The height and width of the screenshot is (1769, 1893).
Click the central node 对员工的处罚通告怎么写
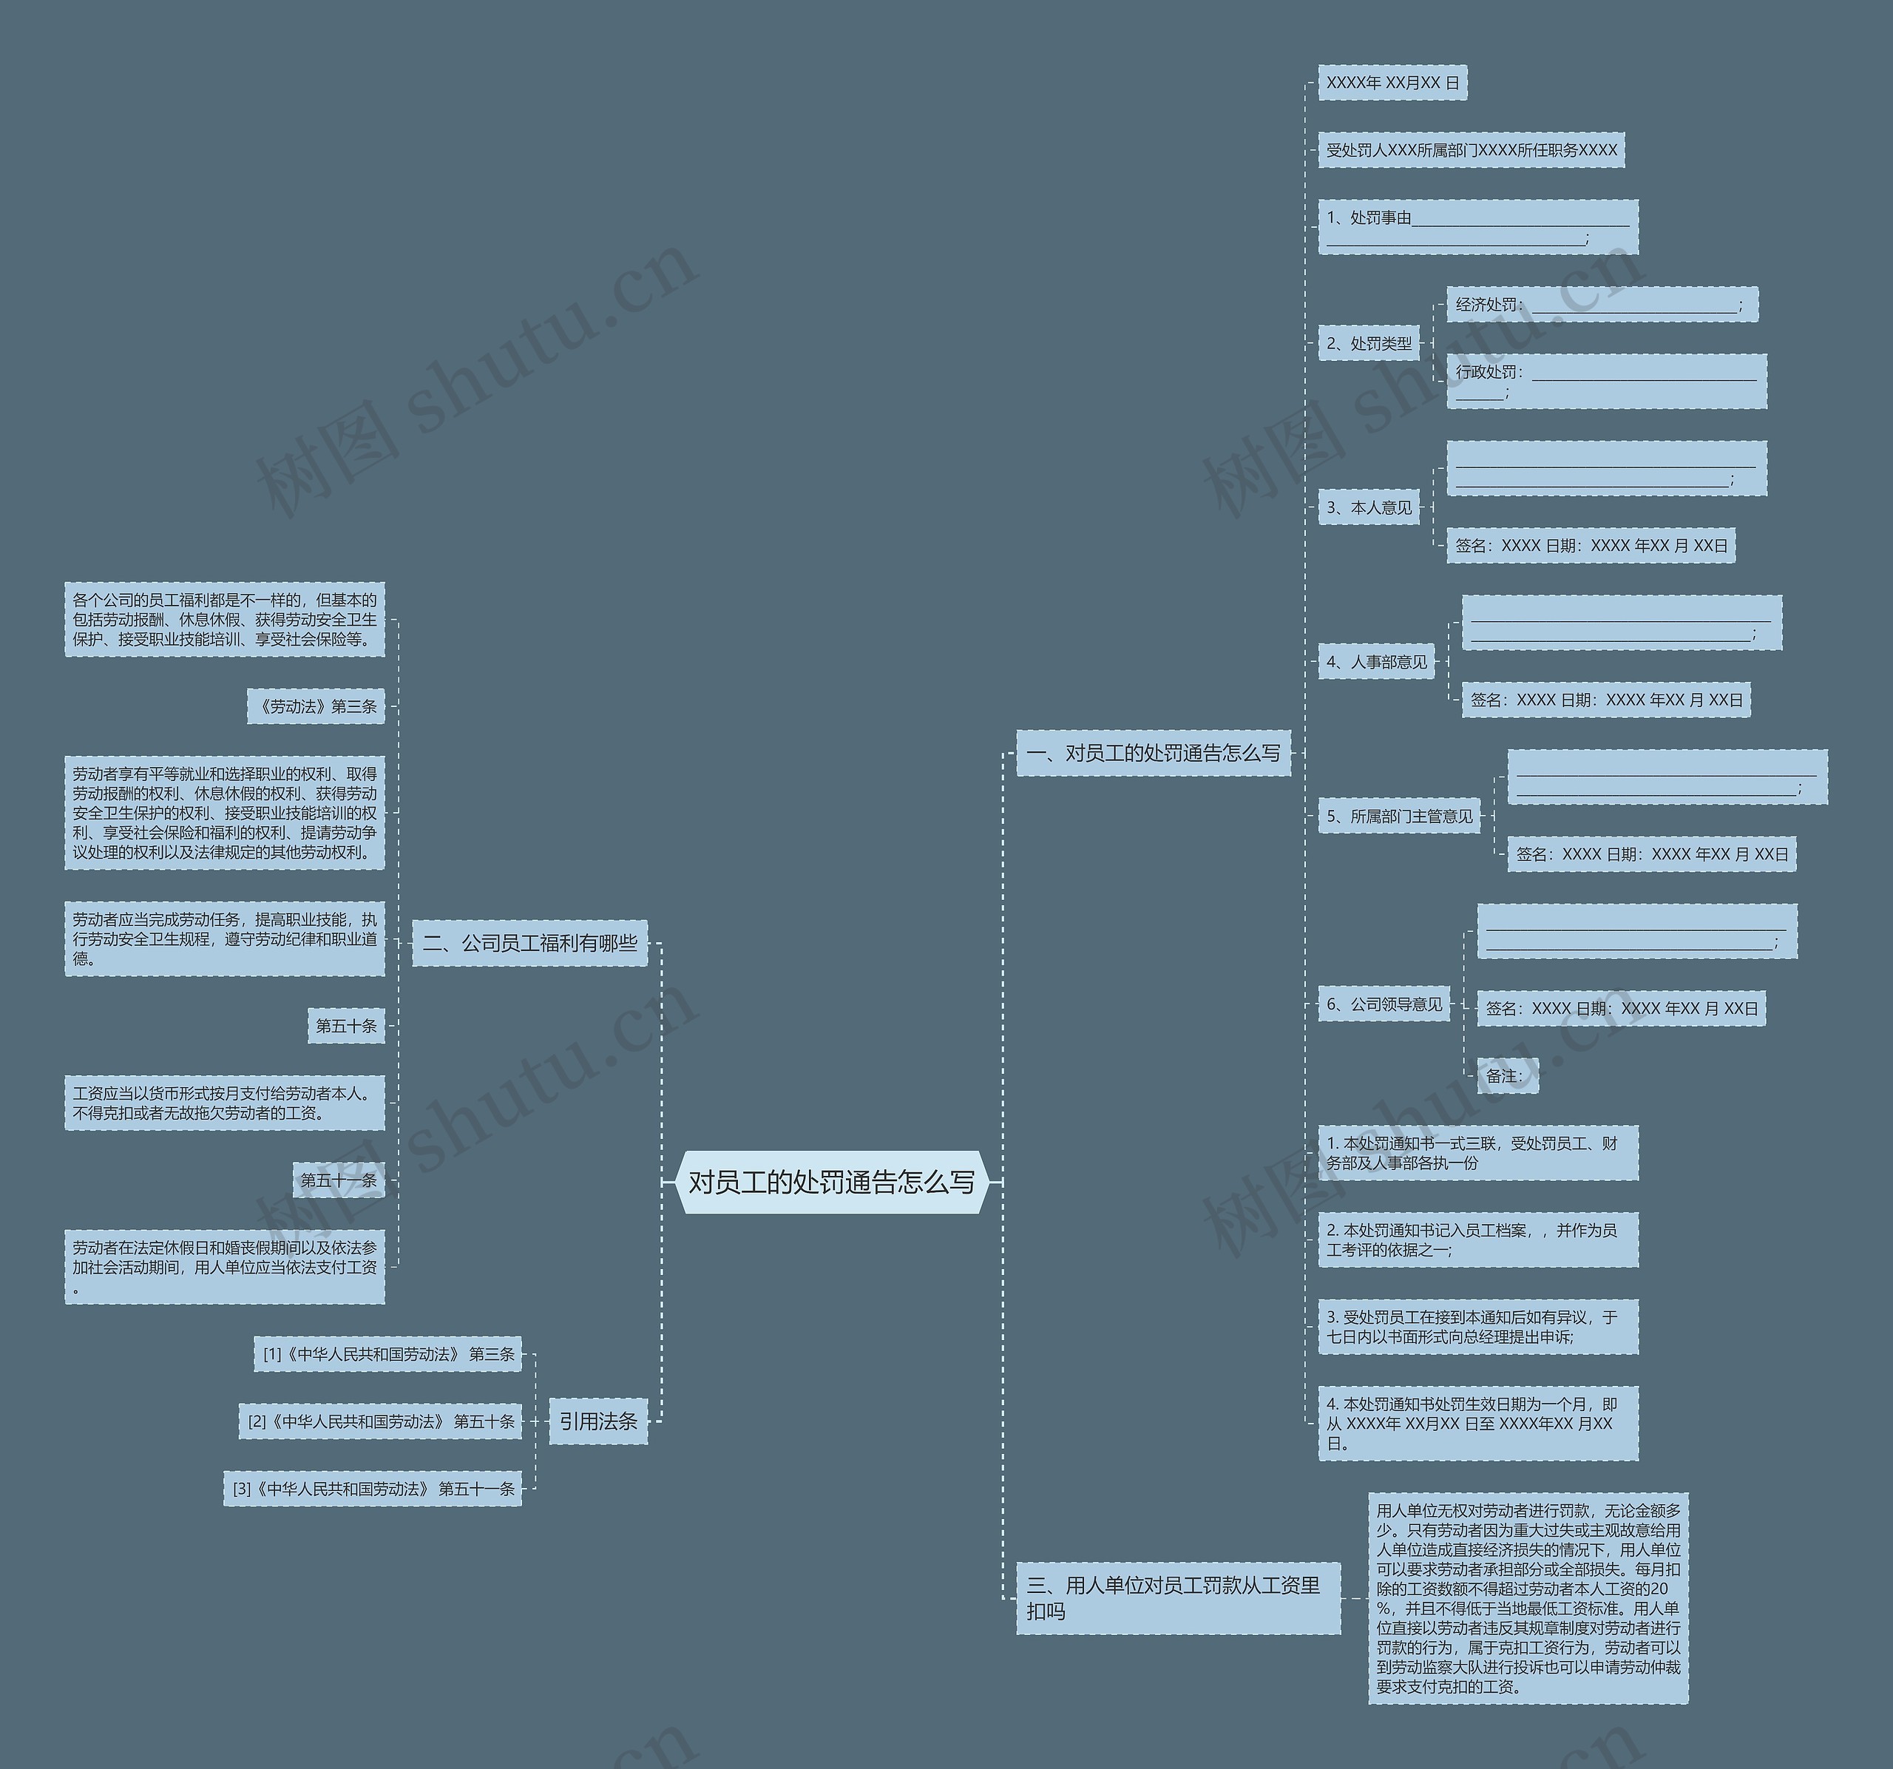(831, 1182)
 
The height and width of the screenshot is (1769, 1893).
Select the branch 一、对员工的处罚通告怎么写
(1153, 753)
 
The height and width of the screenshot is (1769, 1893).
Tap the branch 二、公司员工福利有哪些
(529, 943)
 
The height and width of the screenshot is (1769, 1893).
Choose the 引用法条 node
(598, 1421)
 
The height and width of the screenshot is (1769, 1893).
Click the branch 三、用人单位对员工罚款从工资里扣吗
(1177, 1597)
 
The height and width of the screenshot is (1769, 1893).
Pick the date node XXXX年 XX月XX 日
(1392, 83)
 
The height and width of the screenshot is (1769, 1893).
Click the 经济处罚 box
(1602, 305)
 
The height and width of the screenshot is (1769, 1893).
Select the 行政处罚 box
(1606, 381)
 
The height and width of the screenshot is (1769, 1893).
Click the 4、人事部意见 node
(1377, 662)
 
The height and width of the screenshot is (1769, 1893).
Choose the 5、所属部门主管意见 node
(1400, 816)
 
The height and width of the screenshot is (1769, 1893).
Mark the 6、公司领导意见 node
(1384, 1004)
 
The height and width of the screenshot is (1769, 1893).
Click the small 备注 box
(1507, 1076)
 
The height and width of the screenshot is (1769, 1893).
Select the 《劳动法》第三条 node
(316, 706)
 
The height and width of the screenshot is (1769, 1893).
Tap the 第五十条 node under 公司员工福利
(347, 1026)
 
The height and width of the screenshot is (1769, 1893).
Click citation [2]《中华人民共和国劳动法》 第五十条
(381, 1421)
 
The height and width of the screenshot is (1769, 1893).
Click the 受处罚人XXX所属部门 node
(1472, 149)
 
